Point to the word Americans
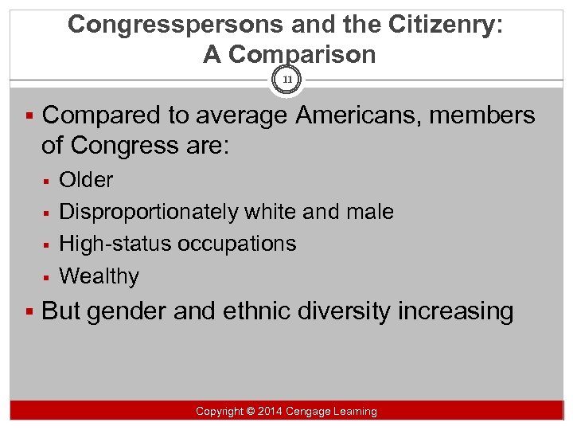[356, 115]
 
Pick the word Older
[87, 180]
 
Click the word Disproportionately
[149, 212]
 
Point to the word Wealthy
[99, 276]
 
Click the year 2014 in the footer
[269, 412]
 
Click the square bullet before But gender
[29, 311]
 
